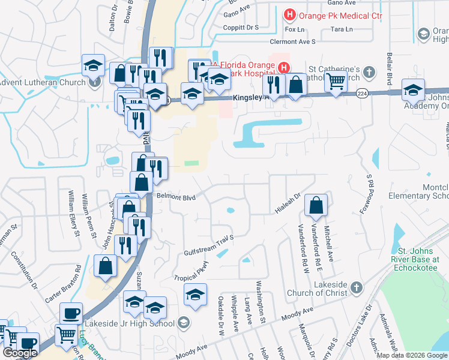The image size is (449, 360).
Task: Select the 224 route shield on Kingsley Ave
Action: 362,94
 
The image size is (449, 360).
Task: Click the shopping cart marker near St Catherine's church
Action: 336,81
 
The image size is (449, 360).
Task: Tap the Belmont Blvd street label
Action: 176,196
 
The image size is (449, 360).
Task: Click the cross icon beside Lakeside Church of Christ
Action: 357,287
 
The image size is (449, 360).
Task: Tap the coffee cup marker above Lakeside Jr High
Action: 71,314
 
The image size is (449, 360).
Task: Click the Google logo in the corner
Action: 20,353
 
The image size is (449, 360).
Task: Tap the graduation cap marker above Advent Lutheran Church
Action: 93,65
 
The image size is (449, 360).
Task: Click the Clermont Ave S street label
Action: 292,41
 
